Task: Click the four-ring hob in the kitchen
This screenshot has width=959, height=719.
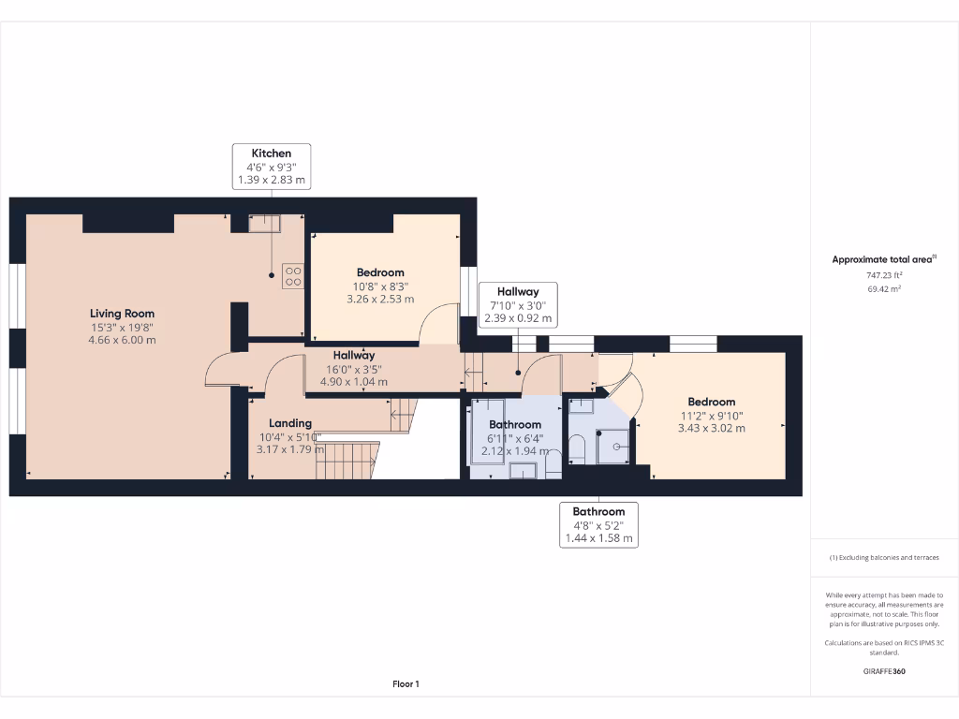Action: [293, 275]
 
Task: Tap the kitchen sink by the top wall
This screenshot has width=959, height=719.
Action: [263, 223]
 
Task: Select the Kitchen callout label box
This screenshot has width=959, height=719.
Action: [272, 167]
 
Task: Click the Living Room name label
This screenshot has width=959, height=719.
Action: [122, 314]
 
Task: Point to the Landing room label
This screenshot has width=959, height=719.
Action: [290, 423]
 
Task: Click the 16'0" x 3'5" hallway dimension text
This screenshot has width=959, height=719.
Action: [353, 369]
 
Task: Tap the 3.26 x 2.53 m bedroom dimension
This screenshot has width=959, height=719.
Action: [379, 300]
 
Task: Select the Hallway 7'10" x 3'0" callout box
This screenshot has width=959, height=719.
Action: [518, 305]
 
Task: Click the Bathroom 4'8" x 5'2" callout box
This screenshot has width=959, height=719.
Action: [598, 525]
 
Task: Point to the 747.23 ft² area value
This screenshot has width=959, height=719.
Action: [883, 275]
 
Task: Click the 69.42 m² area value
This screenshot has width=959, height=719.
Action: [883, 289]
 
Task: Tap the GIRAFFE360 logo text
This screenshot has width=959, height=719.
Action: [883, 671]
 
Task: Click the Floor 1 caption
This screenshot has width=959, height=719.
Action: [406, 684]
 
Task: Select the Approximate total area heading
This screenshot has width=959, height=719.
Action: [883, 259]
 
